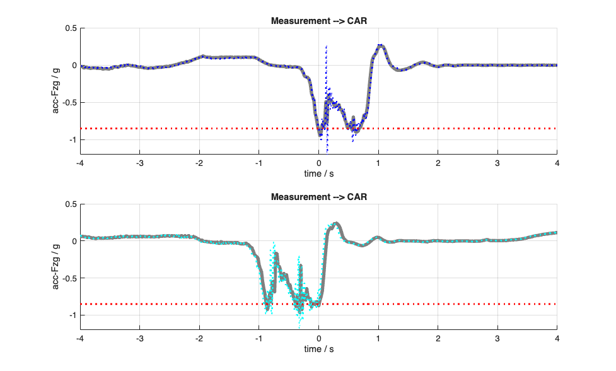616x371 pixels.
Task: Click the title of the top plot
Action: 318,21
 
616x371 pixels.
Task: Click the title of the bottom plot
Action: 318,197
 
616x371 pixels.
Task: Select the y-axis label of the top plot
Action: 55,90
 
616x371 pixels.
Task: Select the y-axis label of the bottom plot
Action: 55,266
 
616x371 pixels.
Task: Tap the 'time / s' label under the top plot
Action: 318,173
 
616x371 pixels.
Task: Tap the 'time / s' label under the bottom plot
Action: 318,349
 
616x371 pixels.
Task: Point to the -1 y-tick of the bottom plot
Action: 72,315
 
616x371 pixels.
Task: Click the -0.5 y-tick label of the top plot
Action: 68,103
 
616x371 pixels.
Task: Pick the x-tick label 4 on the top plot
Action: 557,163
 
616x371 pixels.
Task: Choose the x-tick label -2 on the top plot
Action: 199,163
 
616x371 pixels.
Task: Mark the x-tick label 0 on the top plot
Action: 318,163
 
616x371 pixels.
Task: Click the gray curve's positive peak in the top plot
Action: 380,46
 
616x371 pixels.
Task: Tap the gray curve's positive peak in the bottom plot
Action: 336,223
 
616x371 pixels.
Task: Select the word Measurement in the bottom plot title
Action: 296,197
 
